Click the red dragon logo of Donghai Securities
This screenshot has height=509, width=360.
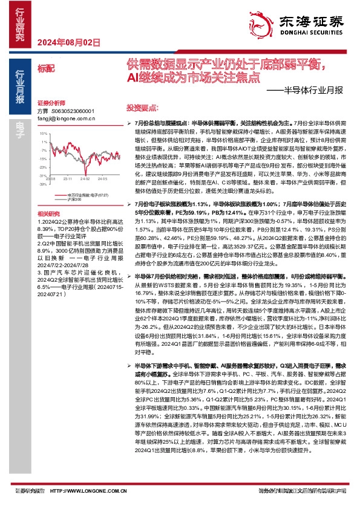point(262,24)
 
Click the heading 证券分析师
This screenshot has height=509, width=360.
point(50,103)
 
